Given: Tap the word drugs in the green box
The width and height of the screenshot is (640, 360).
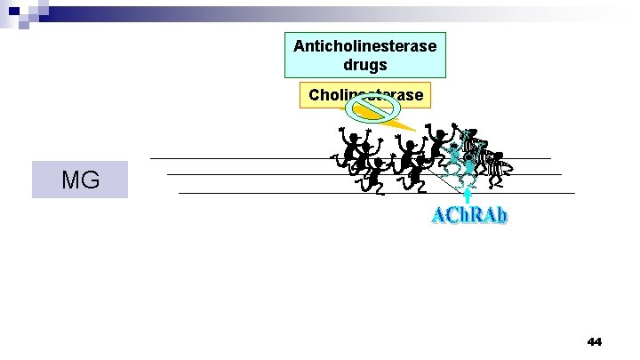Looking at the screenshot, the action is tap(372, 67).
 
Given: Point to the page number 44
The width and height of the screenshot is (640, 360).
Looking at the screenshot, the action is tap(595, 341).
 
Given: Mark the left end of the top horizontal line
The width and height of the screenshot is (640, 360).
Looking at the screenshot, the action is tap(151, 158).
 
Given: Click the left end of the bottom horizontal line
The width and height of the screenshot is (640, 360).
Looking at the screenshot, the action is tap(180, 192).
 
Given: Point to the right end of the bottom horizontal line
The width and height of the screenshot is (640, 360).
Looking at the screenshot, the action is tap(574, 192).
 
